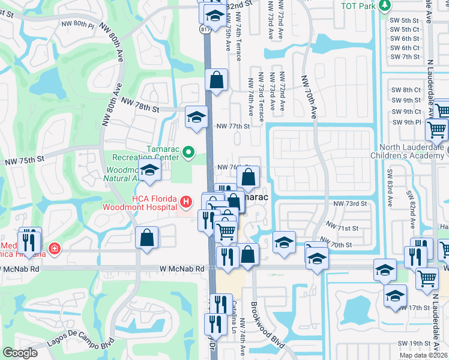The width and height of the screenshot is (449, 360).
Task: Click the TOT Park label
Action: pos(358,6)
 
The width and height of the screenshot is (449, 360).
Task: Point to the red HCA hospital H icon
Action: pos(186,200)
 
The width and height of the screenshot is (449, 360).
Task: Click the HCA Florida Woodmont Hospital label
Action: pos(155,204)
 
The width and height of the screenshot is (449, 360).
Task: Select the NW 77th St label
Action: pos(232,127)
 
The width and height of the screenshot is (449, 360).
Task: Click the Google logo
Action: pos(20,353)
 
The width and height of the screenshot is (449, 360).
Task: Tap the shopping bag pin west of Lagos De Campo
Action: pos(147,238)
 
